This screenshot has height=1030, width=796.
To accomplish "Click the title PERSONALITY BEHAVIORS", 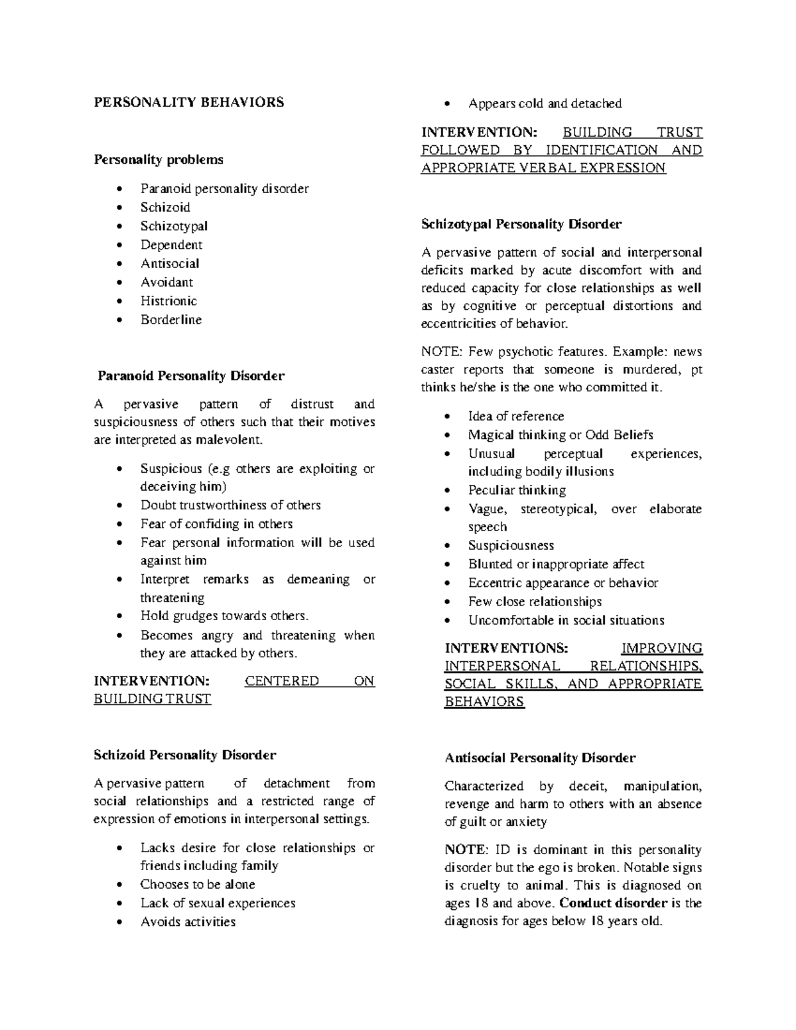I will (x=188, y=102).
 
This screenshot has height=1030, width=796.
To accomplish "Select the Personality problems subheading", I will (x=159, y=160).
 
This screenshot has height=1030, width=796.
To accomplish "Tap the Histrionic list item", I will (x=168, y=301).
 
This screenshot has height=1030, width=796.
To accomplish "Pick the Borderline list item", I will (x=171, y=320).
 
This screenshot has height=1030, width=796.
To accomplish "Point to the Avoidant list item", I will (x=166, y=283).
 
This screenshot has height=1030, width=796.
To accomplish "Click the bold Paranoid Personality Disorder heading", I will (x=191, y=376).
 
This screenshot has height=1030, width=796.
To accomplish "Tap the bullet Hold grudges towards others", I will (x=224, y=616).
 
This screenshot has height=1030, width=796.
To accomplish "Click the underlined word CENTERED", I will (x=281, y=681).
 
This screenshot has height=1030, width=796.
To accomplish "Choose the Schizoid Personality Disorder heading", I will (x=185, y=755).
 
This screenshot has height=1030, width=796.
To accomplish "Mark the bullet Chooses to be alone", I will (x=198, y=885).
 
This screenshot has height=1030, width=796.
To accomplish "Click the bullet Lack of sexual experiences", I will (x=218, y=903).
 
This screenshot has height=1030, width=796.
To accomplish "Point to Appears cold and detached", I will (x=545, y=103).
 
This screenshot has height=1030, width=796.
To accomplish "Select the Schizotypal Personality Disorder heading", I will (x=521, y=224).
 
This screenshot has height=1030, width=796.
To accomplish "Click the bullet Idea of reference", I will (x=516, y=417).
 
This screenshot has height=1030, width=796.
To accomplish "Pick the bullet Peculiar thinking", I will (x=517, y=491).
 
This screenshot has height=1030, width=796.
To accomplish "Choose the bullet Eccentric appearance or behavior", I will (x=563, y=583).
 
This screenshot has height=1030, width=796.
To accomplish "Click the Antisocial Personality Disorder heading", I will (x=540, y=757).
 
